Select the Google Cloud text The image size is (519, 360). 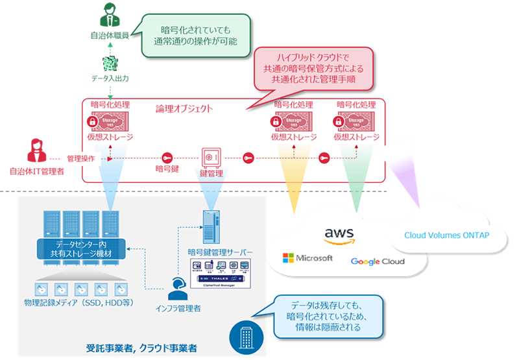(377, 261)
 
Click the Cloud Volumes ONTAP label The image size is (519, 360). (446, 235)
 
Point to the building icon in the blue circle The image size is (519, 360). (244, 336)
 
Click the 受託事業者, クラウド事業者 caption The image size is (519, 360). (141, 348)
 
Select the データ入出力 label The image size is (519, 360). (111, 78)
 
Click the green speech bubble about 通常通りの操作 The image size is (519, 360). (195, 34)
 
